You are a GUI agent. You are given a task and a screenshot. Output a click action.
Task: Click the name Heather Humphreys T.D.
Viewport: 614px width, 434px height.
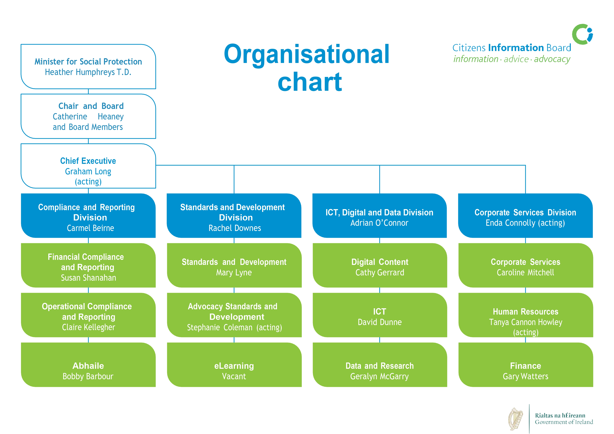pos(88,72)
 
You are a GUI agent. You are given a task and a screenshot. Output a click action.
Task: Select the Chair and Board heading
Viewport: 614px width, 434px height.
pos(91,106)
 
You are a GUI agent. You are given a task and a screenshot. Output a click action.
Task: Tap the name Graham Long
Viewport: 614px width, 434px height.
pos(88,171)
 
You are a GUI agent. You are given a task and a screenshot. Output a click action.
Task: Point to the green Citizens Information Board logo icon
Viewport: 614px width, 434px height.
pos(582,34)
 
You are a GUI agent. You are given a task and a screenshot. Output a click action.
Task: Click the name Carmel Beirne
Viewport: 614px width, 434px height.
pos(90,228)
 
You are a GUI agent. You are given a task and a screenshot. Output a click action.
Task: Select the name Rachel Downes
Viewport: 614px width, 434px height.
pos(234,228)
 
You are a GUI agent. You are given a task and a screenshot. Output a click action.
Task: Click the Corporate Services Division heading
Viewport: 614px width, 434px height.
pos(525,212)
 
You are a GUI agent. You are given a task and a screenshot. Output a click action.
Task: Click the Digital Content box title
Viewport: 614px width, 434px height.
pos(380,262)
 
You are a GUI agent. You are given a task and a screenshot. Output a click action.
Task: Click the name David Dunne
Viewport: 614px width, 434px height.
pos(380,322)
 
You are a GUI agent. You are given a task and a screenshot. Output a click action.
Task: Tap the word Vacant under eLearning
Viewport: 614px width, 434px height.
pos(234,376)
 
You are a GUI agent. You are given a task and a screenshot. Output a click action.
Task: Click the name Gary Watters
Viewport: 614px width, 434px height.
pos(525,376)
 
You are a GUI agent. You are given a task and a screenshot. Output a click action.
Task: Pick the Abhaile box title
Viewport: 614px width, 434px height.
pos(88,366)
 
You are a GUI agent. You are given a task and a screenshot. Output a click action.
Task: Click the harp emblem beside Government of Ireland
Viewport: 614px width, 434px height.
pos(515,418)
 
